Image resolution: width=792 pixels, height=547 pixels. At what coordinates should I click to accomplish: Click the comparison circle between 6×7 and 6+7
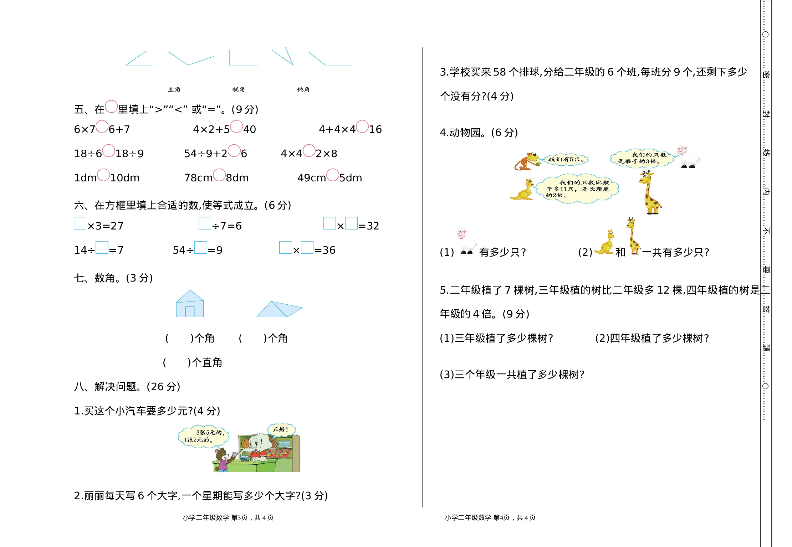102,127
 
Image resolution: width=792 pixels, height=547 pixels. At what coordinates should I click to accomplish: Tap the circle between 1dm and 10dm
103,175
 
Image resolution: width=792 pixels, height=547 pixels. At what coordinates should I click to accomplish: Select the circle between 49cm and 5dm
332,175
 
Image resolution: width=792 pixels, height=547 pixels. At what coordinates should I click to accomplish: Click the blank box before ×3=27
80,223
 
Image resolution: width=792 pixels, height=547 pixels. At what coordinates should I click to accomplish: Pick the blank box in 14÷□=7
102,247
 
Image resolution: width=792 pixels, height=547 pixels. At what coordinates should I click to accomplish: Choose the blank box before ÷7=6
205,223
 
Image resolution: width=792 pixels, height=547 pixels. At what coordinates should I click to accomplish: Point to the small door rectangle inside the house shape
190,311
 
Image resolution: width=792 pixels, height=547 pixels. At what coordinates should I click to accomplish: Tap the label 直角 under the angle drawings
174,89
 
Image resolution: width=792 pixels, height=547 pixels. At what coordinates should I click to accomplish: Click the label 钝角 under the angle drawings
303,89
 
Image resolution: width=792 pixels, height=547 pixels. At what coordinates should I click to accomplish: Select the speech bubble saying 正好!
281,429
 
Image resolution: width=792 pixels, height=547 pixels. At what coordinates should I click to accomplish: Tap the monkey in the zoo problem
526,161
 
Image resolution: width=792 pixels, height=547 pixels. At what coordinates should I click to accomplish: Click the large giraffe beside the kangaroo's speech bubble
651,192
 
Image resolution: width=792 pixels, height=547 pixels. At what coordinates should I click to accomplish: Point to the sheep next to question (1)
466,241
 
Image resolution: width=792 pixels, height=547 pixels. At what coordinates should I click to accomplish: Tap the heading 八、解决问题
127,387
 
